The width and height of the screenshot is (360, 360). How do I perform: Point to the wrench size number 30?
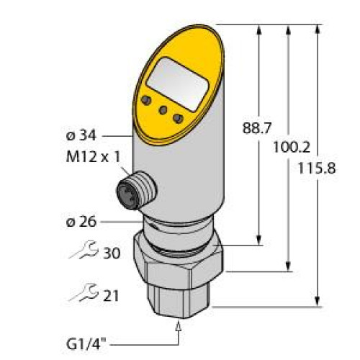coord(112,253)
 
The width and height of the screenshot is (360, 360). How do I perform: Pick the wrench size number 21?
coord(112,296)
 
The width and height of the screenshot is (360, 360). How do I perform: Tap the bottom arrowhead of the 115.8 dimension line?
coord(318,302)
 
